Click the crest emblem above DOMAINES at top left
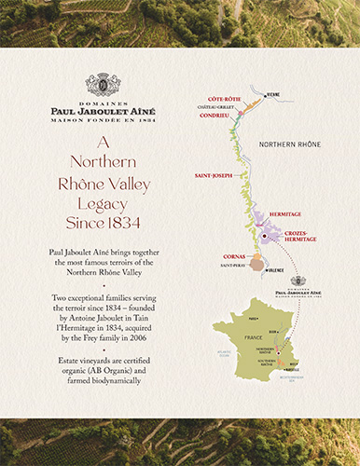(102, 85)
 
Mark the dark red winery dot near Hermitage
(264, 237)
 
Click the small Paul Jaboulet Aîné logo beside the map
(298, 284)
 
